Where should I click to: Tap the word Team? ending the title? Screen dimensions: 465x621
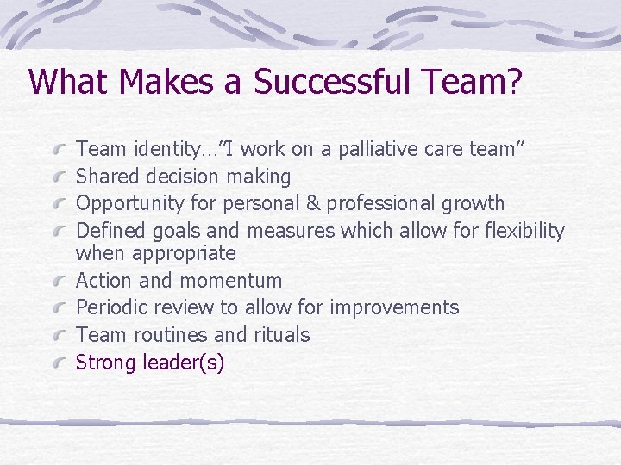pos(476,83)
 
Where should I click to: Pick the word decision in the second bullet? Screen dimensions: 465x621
pos(184,177)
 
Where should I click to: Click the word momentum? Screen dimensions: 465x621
pos(230,281)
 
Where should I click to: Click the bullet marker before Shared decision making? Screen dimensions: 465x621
pos(60,177)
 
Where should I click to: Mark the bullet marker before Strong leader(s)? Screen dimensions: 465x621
pos(60,363)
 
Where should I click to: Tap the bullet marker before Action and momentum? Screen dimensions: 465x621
pos(60,282)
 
